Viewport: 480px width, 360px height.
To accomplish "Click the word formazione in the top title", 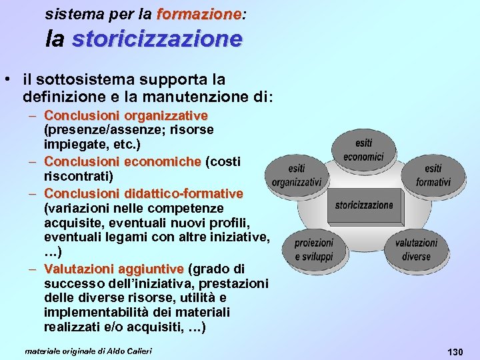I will [x=198, y=13].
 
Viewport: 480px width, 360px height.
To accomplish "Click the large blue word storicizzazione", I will [x=157, y=39].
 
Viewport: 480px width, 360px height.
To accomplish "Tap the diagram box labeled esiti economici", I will [x=363, y=150].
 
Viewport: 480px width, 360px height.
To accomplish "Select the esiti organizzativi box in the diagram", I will [x=297, y=175].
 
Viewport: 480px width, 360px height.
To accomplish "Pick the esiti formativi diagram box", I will [x=433, y=175].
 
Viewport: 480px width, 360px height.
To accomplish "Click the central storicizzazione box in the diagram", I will [x=364, y=205].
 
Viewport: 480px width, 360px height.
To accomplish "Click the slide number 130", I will [x=455, y=351].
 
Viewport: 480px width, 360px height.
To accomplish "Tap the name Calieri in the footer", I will [x=138, y=351].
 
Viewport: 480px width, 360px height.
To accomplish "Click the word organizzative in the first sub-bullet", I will [x=172, y=116].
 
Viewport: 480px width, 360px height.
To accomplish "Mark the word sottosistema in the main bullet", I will [x=81, y=80].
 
